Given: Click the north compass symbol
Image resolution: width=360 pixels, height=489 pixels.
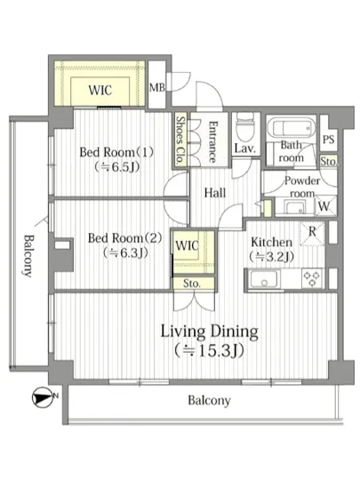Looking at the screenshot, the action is [x=43, y=397].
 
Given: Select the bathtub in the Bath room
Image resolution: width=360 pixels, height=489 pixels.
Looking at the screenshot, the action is [x=292, y=127].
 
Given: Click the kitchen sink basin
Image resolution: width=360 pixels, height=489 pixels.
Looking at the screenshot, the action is [x=264, y=279].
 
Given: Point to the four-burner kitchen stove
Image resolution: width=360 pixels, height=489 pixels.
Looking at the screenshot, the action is [x=312, y=278].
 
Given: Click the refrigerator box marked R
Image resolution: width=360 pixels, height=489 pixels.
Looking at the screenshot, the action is [x=312, y=233].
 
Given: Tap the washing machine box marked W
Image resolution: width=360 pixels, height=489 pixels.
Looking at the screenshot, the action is [x=324, y=205].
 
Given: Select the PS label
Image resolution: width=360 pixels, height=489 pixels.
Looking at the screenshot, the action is [x=329, y=139].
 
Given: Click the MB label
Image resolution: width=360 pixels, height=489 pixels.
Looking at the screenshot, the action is [x=156, y=88].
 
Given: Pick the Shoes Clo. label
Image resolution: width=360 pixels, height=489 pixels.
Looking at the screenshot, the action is [x=180, y=140].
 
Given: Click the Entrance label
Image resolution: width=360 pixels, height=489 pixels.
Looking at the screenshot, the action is [x=212, y=142].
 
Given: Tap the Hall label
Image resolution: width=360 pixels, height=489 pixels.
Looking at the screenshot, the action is [x=215, y=193].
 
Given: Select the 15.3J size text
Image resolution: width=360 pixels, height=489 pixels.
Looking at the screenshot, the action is [x=210, y=351].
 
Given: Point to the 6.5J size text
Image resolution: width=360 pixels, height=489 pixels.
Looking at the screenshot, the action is [x=116, y=167].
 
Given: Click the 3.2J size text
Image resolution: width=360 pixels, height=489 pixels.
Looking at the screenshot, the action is [x=271, y=256].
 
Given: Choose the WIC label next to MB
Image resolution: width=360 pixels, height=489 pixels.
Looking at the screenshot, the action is [x=100, y=91].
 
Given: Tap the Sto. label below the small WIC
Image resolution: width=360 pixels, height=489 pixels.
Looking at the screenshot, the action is [x=191, y=284].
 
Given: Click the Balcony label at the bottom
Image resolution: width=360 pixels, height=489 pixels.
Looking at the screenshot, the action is [x=209, y=400].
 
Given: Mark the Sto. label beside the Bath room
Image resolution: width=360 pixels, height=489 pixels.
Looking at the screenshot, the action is [x=329, y=161].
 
